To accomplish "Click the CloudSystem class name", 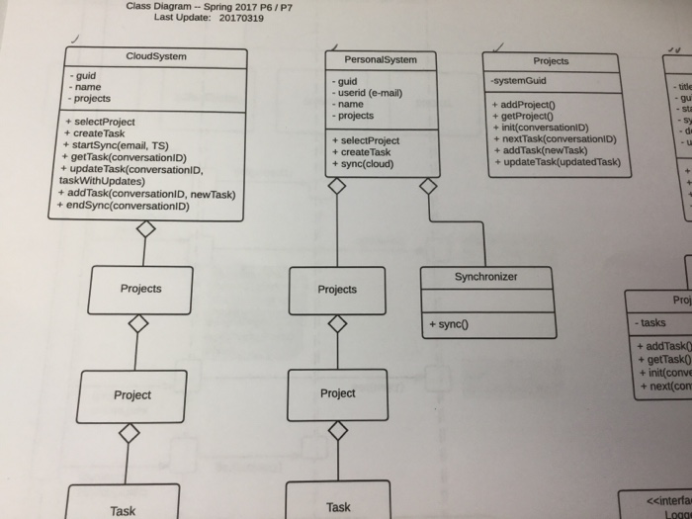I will (156, 56).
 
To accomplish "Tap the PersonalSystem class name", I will (381, 59).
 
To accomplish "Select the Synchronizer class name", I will (485, 277).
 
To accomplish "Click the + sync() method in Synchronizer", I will (448, 323).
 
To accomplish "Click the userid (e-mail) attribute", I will (369, 93).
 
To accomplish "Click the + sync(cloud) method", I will (363, 164).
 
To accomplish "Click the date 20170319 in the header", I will (241, 18).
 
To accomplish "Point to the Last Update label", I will (183, 18).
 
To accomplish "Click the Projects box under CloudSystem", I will (140, 289).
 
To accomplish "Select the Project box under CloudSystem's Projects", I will (132, 394).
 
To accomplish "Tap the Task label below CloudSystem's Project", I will (124, 510).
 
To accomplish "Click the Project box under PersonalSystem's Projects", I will (337, 393).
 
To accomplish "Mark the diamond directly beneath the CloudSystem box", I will (145, 229).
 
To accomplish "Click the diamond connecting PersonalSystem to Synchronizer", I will (428, 186).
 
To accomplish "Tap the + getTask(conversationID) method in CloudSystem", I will (125, 157).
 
